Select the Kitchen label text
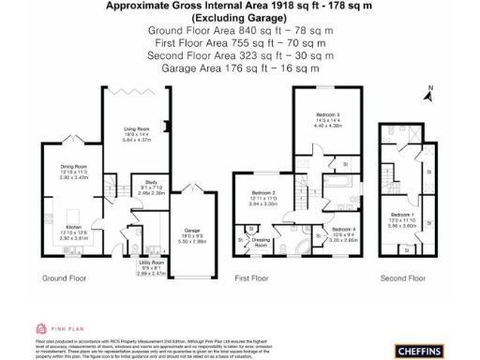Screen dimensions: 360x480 (x=59, y=229)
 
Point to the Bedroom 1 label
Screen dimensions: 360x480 (x=404, y=216)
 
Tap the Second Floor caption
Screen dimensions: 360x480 (x=402, y=278)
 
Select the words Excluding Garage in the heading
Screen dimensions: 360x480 (x=239, y=18)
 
